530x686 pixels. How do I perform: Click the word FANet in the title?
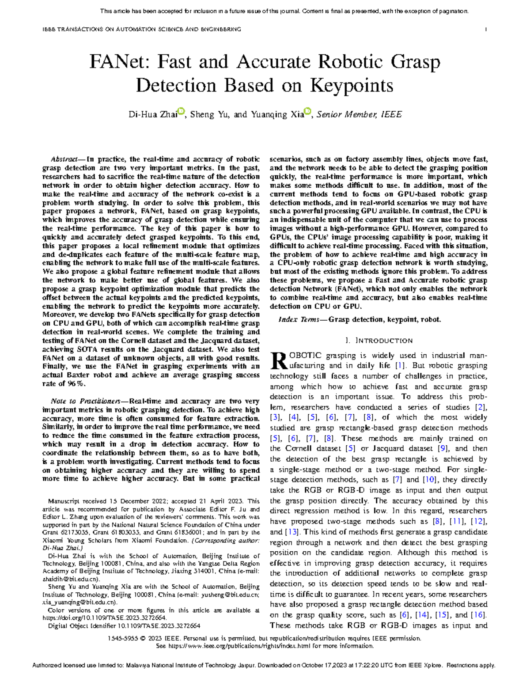[x=115, y=62]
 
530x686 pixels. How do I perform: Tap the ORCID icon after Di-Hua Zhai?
[x=181, y=111]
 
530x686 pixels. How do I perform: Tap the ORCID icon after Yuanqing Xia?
[x=308, y=111]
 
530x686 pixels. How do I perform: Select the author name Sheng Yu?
[x=209, y=115]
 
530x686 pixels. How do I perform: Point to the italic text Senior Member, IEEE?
[x=359, y=115]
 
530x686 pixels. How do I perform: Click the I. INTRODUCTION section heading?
[x=379, y=341]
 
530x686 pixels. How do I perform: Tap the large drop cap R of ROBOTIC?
[x=277, y=360]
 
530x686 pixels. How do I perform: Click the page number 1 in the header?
[x=486, y=30]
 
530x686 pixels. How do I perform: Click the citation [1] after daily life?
[x=400, y=366]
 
